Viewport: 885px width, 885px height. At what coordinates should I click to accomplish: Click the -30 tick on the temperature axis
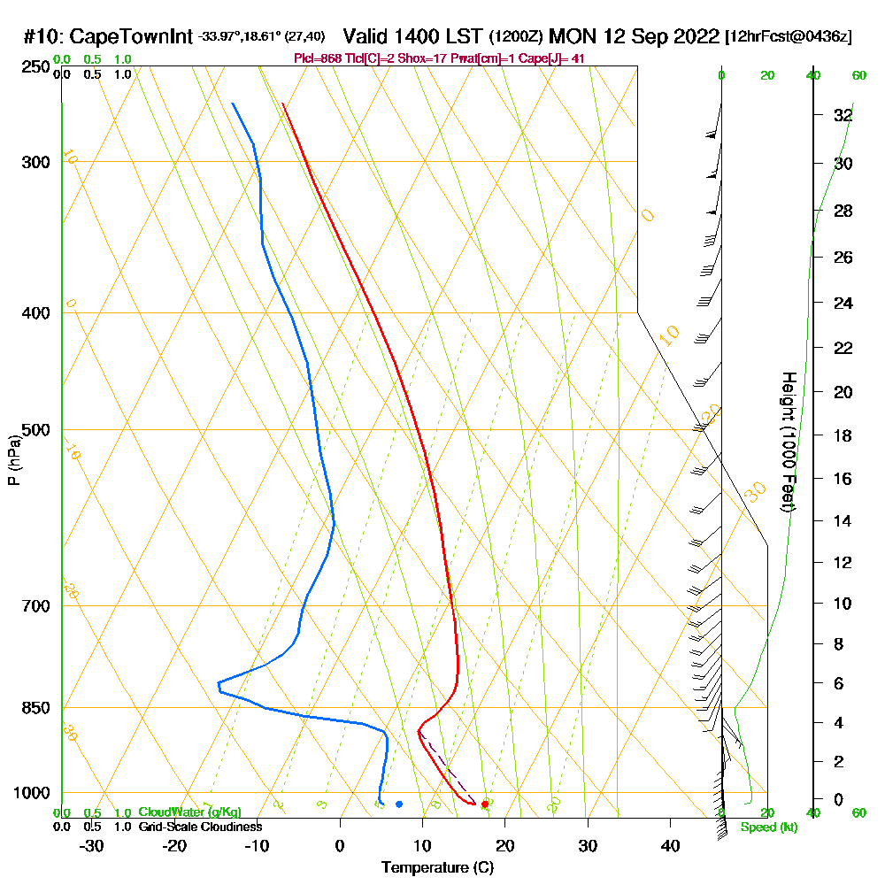click(92, 845)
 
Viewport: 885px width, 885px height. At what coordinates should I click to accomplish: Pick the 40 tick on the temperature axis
click(670, 845)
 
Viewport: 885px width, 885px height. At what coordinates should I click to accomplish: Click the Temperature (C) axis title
click(437, 867)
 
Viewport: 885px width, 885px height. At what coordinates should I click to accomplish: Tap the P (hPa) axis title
click(13, 460)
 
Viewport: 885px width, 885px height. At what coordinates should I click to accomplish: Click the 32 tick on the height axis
click(843, 115)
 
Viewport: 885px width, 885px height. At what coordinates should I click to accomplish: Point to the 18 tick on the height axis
click(843, 435)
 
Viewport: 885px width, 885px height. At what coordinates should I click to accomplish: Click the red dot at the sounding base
click(484, 804)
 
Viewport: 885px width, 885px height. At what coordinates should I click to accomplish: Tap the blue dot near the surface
click(399, 804)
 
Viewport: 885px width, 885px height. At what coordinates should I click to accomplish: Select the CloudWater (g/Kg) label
click(189, 812)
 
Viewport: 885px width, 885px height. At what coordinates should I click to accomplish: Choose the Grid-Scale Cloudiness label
click(200, 827)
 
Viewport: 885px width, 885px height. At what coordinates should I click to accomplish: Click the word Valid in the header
click(366, 36)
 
